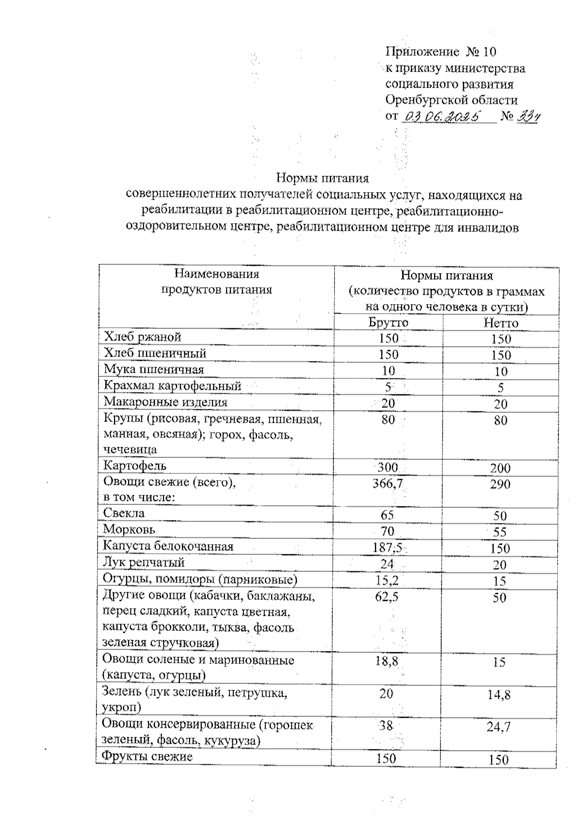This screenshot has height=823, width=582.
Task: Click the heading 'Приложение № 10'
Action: pos(441,51)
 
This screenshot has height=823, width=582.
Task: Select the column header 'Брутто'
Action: pos(388,323)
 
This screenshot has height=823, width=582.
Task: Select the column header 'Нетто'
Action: pos(501,323)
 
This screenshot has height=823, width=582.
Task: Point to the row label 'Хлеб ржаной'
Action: pos(143,337)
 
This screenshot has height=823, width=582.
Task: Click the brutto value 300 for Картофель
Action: pos(388,468)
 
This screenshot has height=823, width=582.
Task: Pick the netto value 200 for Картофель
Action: pos(500,468)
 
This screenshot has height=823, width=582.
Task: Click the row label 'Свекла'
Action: pos(124,513)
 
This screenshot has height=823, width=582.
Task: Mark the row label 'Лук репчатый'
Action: pos(144,563)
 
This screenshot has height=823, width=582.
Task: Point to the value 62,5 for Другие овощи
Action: pos(387,597)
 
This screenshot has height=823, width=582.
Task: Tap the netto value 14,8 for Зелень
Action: pos(499,695)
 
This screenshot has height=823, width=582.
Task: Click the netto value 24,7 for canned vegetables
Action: pos(499,727)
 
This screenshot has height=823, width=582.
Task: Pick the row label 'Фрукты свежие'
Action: pos(147,757)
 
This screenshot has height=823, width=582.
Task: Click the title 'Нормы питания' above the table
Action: pos(323,178)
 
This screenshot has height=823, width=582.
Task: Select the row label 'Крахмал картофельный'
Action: pos(173,386)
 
